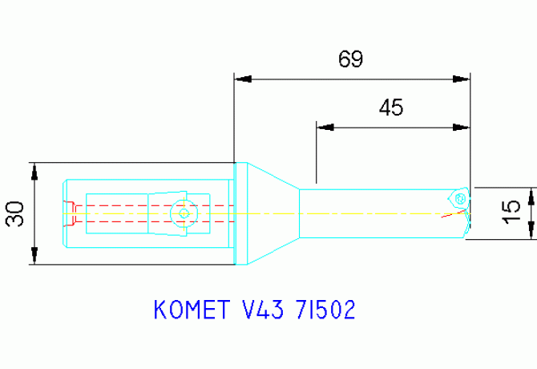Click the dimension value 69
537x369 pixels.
coord(350,59)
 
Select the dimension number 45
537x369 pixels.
coord(390,107)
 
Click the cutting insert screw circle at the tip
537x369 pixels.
coord(459,196)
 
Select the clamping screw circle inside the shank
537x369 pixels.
coord(184,213)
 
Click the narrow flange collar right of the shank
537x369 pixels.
coord(238,213)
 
